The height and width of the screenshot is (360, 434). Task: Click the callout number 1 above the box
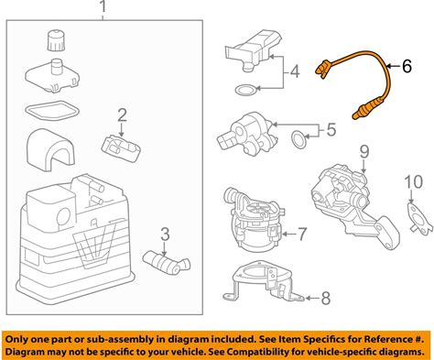pyautogui.click(x=103, y=7)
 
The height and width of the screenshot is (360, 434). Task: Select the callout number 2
pyautogui.click(x=122, y=115)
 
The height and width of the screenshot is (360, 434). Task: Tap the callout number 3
pyautogui.click(x=165, y=235)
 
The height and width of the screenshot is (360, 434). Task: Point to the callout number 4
pyautogui.click(x=295, y=71)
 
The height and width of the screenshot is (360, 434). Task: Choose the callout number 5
pyautogui.click(x=331, y=129)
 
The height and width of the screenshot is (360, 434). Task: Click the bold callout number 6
pyautogui.click(x=407, y=66)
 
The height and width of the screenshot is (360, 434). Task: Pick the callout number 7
pyautogui.click(x=301, y=234)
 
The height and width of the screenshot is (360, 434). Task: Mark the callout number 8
pyautogui.click(x=326, y=298)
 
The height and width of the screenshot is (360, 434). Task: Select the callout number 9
pyautogui.click(x=364, y=152)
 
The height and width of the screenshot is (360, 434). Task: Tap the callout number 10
pyautogui.click(x=414, y=182)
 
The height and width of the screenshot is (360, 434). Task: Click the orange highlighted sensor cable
pyautogui.click(x=354, y=82)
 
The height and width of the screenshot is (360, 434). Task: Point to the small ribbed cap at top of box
pyautogui.click(x=57, y=40)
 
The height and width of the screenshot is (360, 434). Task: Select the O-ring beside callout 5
pyautogui.click(x=298, y=138)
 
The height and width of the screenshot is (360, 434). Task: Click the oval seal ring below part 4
pyautogui.click(x=246, y=90)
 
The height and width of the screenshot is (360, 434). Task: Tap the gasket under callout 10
pyautogui.click(x=419, y=218)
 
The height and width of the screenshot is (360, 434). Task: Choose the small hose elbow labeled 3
pyautogui.click(x=167, y=262)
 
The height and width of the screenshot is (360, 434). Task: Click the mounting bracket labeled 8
pyautogui.click(x=263, y=282)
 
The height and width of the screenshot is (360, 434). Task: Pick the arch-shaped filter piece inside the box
pyautogui.click(x=50, y=149)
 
